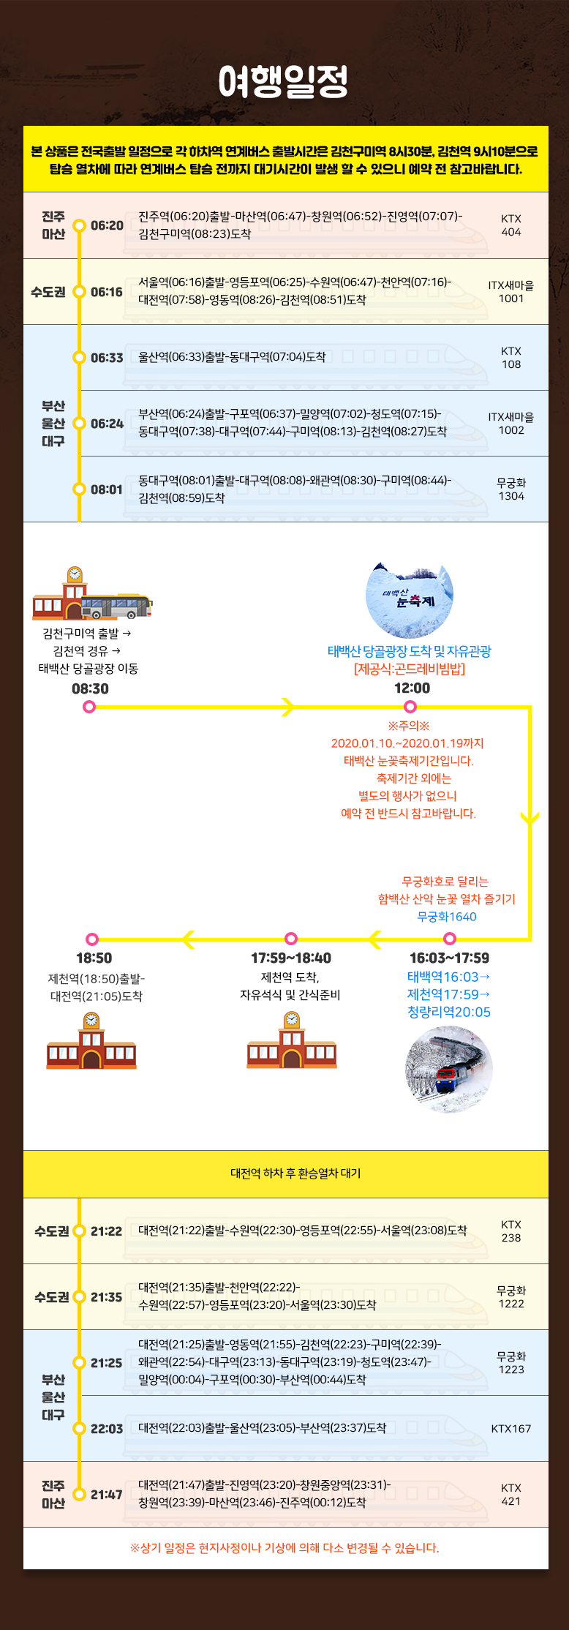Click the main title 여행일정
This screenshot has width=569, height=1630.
(x=283, y=81)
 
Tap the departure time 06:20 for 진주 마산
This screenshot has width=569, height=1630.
(x=107, y=225)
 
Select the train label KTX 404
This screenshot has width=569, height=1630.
(x=511, y=225)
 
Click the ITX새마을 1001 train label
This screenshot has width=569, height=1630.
(x=511, y=291)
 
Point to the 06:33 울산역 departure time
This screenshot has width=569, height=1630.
(x=107, y=358)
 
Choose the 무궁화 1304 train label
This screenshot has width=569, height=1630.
(x=511, y=489)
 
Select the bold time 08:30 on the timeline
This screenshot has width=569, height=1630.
(x=90, y=688)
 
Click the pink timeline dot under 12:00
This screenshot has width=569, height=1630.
(x=410, y=707)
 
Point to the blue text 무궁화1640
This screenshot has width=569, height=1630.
(x=446, y=917)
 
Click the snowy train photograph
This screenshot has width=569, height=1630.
(x=448, y=1070)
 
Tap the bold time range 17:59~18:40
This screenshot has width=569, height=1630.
(x=290, y=958)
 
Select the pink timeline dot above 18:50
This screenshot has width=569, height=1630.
(x=92, y=939)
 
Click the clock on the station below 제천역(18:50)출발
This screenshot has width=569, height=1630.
(x=91, y=1020)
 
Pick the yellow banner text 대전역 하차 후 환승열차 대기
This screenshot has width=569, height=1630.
(x=295, y=1173)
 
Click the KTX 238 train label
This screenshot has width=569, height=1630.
(x=511, y=1231)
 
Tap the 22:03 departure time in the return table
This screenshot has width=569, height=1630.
(x=107, y=1429)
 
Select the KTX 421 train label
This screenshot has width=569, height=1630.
(x=511, y=1495)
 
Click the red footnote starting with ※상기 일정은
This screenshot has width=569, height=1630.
(x=284, y=1547)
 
